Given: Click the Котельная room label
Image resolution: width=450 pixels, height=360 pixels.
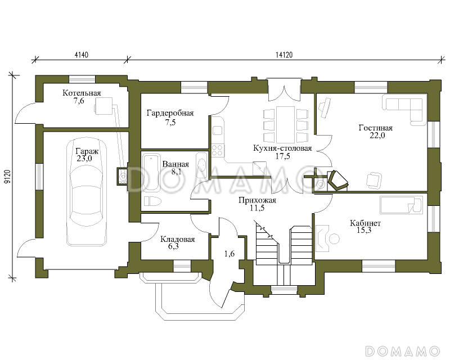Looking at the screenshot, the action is [82, 93].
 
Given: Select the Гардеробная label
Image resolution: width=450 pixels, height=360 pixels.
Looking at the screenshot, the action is [170, 113].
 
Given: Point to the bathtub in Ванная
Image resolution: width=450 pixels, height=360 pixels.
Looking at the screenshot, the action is [151, 173].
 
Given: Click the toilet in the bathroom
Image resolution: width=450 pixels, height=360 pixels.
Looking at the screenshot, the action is [152, 201].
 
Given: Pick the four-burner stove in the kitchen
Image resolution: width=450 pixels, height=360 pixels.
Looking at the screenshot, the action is [217, 150].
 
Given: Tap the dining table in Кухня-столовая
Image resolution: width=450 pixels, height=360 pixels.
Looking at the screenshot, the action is [285, 125].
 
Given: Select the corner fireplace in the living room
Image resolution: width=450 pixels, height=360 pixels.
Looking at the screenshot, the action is [337, 181].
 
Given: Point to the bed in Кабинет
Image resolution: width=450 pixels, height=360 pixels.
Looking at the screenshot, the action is [401, 205].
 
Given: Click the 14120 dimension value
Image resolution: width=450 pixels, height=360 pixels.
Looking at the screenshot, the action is [284, 55].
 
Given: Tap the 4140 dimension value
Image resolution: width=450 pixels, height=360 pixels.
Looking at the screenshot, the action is [81, 55].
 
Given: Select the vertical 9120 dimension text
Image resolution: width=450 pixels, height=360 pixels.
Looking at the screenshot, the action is [7, 177].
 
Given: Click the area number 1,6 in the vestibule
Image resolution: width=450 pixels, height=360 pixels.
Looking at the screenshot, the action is [229, 254].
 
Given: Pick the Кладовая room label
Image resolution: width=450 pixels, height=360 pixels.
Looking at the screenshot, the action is [177, 239].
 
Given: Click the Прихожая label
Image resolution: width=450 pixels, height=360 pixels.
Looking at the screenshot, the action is [257, 200].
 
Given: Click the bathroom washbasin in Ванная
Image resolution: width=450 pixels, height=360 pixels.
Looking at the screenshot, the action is [202, 165].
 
